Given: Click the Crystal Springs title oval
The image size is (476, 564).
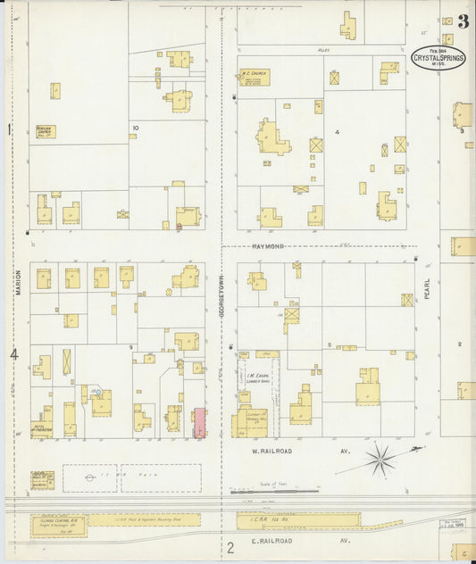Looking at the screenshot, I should pyautogui.click(x=438, y=57).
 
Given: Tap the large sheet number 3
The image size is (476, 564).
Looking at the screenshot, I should pyautogui.click(x=463, y=21).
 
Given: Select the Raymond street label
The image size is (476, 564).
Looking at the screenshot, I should pyautogui.click(x=267, y=245).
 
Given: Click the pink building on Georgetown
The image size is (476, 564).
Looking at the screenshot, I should pyautogui.click(x=200, y=422).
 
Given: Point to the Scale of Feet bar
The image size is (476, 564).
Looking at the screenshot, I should pyautogui.click(x=273, y=490).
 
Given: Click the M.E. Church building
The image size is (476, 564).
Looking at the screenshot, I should pyautogui.click(x=254, y=78).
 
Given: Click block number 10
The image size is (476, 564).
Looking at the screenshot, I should pyautogui.click(x=136, y=128).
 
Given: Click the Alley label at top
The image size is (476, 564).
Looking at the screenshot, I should pyautogui.click(x=324, y=51).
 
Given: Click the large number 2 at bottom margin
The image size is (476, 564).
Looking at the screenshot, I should pyautogui.click(x=230, y=548).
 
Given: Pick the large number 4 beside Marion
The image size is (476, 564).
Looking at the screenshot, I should pyautogui.click(x=13, y=355).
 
